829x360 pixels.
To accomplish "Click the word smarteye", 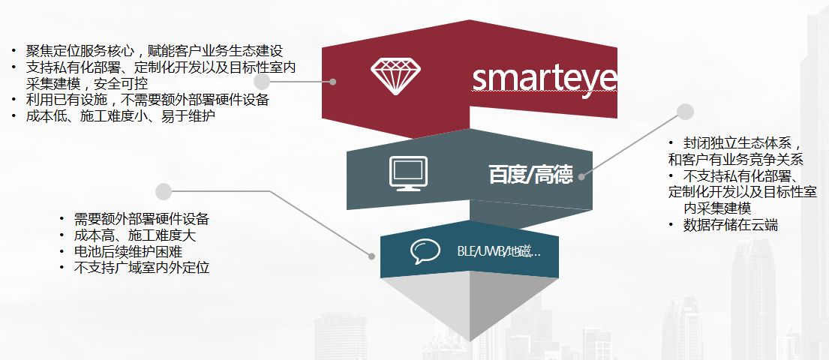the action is (545, 77).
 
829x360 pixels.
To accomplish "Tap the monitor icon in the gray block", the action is (408, 172).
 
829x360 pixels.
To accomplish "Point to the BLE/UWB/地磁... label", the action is (498, 251).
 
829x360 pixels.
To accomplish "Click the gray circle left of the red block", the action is (262, 81).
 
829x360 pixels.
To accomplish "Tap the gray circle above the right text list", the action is (684, 112).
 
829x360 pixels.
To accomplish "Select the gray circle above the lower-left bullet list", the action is (164, 191).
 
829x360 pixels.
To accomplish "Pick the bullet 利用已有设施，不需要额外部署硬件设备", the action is (146, 100).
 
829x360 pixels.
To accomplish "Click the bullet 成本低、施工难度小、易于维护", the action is (122, 116).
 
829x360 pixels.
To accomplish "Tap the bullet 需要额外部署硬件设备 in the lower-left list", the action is (141, 219).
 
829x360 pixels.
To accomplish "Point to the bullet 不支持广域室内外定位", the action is (141, 268).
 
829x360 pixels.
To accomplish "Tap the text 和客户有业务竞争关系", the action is (736, 159).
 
